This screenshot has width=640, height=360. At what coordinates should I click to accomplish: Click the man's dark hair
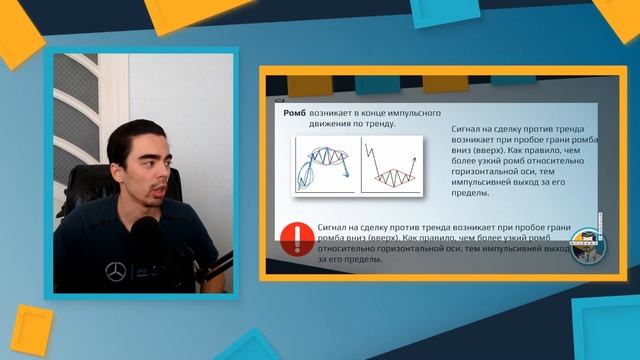pos(150,128)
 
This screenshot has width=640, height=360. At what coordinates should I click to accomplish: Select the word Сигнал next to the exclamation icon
pos(333,228)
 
